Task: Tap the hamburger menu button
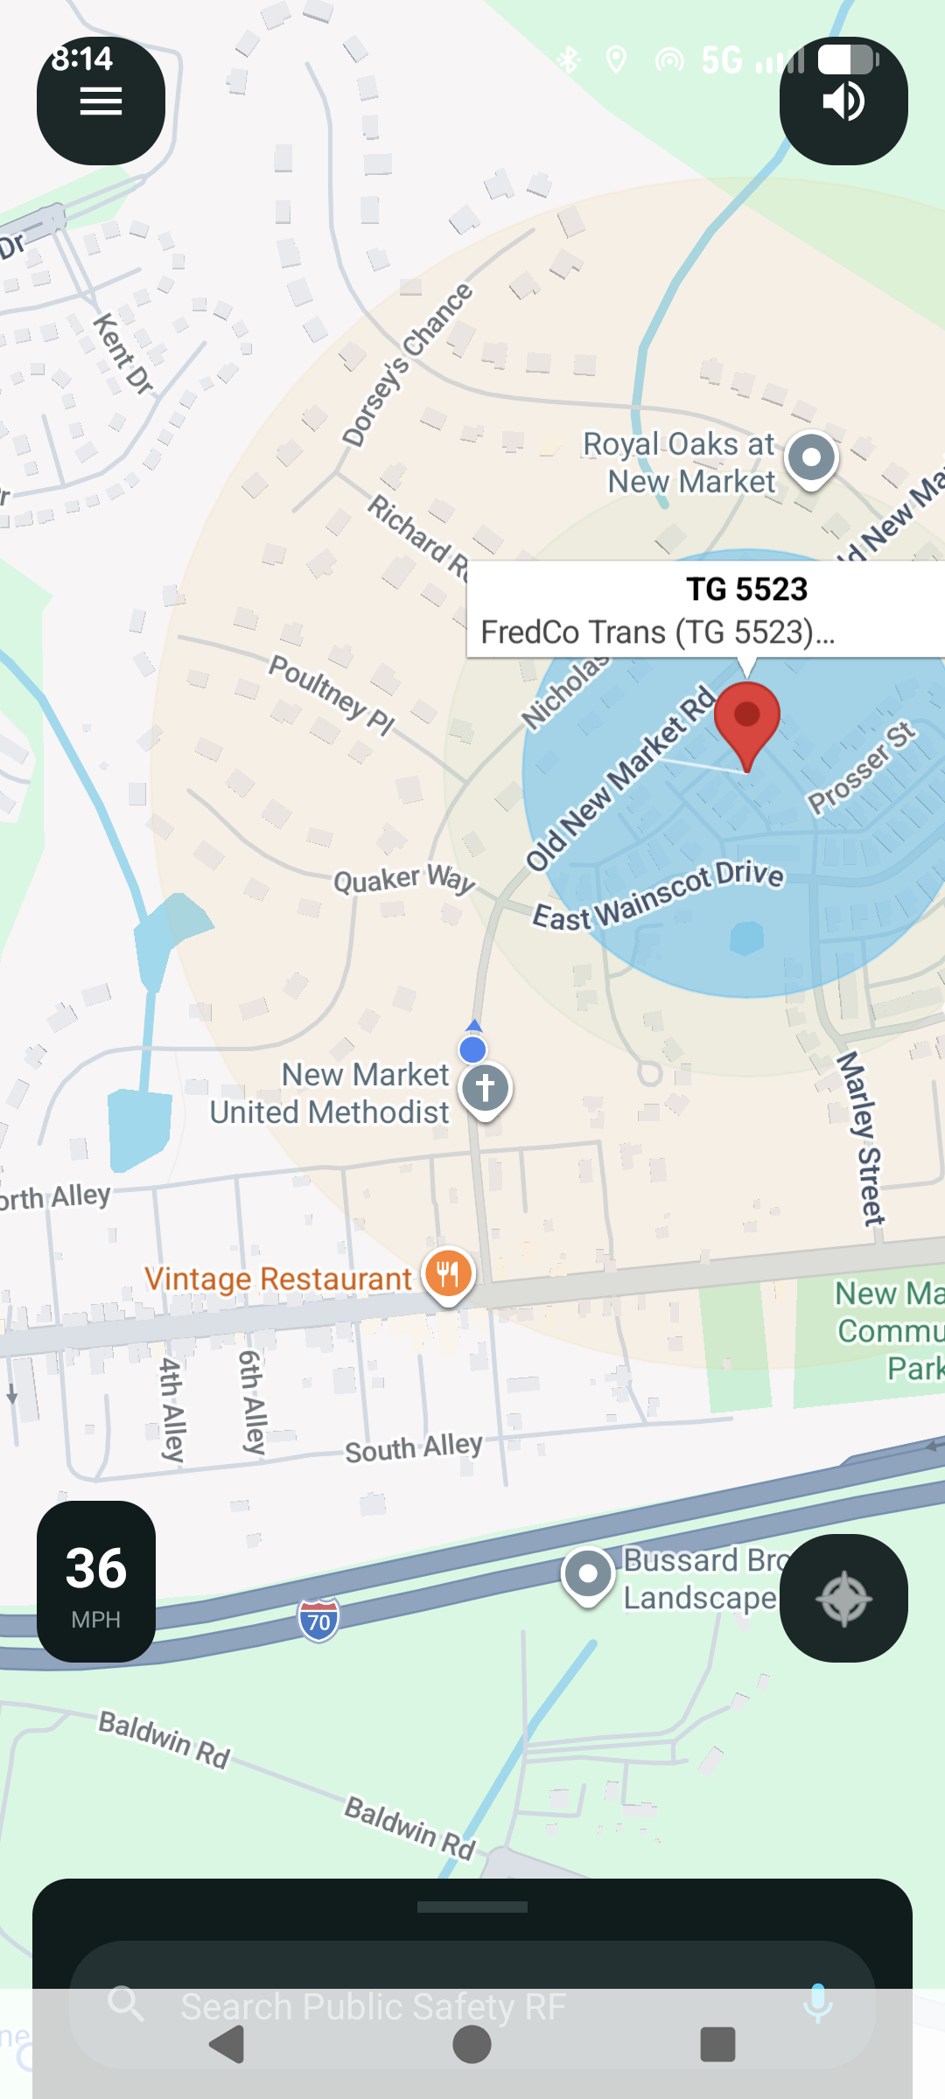point(101,101)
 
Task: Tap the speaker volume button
point(843,101)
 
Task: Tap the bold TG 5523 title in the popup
point(746,589)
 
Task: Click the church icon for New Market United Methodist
point(486,1089)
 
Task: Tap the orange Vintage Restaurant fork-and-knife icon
point(448,1273)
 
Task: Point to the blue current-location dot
point(472,1049)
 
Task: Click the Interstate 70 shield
point(318,1621)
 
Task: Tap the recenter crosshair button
point(843,1599)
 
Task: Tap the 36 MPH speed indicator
point(96,1581)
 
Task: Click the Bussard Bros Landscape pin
point(588,1574)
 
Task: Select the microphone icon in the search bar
point(817,2003)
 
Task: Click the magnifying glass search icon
point(127,2003)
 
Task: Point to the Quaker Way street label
point(404,878)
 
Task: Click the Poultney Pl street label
point(332,694)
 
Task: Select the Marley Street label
point(861,1138)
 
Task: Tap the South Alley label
point(413,1447)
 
